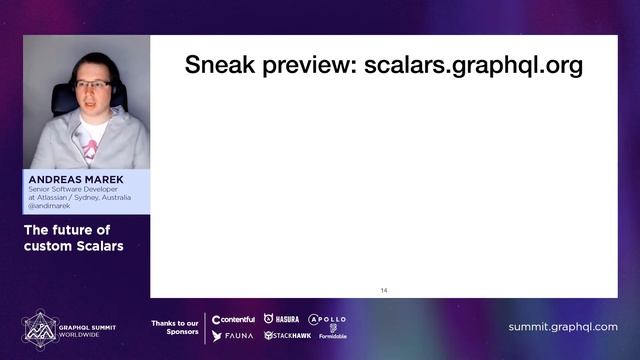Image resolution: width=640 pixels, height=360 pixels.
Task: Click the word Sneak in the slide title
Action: (219, 66)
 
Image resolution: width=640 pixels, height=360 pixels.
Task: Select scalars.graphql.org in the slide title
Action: (473, 66)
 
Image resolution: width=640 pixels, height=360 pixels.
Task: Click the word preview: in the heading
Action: (308, 66)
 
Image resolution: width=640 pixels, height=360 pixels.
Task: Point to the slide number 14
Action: (384, 290)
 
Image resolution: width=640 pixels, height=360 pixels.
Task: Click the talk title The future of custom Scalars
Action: (67, 238)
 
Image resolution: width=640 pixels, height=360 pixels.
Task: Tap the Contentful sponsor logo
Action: (233, 319)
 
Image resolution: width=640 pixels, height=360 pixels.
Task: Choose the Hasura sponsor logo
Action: (281, 319)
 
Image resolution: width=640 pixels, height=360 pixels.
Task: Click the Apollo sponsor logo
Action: (327, 319)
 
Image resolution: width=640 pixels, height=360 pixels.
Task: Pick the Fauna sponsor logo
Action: (232, 336)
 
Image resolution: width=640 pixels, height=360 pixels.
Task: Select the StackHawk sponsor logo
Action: (287, 336)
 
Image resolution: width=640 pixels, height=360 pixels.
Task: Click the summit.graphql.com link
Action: (562, 327)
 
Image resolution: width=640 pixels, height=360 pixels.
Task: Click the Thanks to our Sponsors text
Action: (174, 326)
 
